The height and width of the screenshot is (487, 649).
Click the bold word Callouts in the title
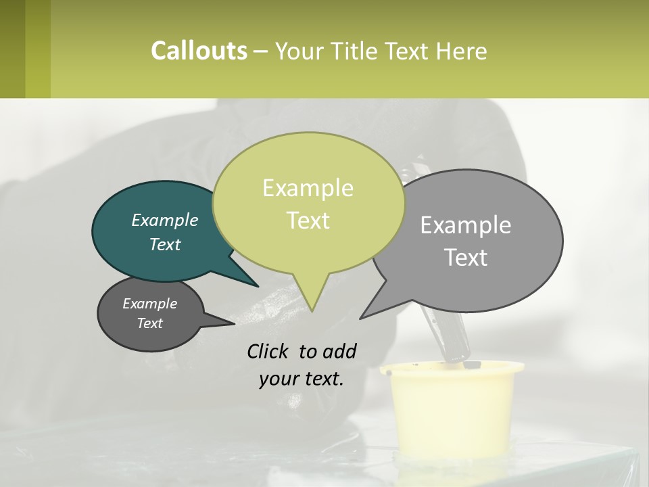199,51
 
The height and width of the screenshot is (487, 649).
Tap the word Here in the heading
462,51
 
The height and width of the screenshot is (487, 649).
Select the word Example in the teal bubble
165,220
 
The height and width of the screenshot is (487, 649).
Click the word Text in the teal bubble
165,244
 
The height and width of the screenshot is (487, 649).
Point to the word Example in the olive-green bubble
308,188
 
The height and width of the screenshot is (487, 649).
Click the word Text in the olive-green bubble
308,220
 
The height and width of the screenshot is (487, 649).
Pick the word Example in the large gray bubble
466,225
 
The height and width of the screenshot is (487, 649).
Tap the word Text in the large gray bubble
466,257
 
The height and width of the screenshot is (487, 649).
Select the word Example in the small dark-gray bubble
150,304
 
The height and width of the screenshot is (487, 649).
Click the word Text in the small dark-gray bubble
150,323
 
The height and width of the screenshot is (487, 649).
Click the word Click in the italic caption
270,351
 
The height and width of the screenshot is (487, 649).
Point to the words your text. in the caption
302,379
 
